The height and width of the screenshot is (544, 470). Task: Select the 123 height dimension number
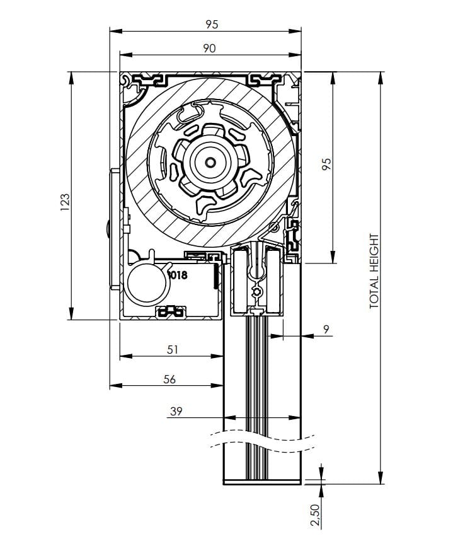tap(64, 202)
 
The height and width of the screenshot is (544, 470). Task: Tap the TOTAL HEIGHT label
tap(374, 270)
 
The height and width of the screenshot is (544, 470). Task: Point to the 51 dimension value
tap(173, 349)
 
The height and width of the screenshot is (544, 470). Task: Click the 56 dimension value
tap(169, 379)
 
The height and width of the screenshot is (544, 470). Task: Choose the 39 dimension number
tap(176, 411)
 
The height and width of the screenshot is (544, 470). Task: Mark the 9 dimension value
tap(325, 329)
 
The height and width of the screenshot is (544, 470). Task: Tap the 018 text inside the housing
tap(178, 275)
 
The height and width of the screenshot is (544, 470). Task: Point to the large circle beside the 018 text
tap(147, 282)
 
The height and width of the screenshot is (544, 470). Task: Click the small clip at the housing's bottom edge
tap(171, 311)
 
